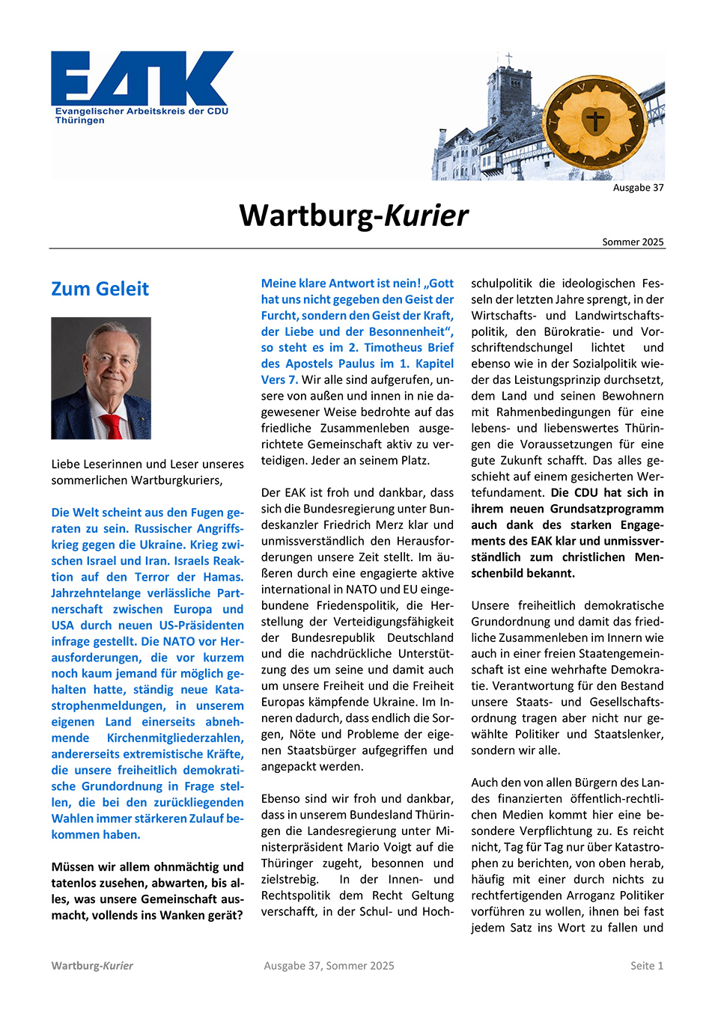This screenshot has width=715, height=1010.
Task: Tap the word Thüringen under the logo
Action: coord(79,120)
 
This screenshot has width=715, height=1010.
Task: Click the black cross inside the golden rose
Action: coord(594,120)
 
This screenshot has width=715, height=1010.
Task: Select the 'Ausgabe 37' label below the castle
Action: coord(638,188)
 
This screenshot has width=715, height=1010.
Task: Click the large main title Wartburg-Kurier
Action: coord(353,215)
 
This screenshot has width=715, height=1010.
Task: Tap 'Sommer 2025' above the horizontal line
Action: coord(633,242)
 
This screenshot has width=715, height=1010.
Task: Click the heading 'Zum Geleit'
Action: coord(100,289)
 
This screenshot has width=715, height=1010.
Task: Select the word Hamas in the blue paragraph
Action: coord(223,577)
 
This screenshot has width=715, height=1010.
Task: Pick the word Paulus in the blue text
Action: coord(352,364)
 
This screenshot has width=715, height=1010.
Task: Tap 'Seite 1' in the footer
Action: coord(646,966)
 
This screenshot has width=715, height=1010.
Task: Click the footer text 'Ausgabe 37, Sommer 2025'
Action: coord(329,966)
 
